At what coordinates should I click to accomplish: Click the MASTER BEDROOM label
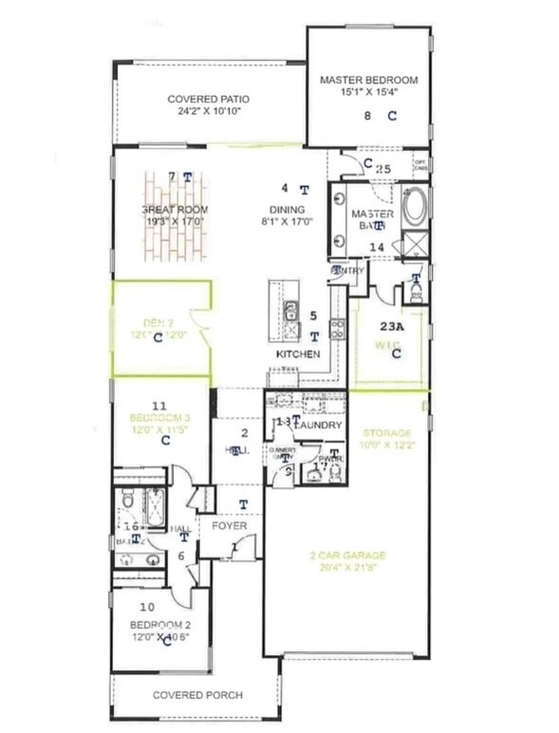[x=368, y=81]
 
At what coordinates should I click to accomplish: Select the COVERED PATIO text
[x=208, y=99]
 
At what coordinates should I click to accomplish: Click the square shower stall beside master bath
[x=415, y=244]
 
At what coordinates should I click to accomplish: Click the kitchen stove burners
[x=336, y=329]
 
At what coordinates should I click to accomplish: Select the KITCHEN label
[x=297, y=354]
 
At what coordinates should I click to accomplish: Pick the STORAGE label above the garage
[x=385, y=433]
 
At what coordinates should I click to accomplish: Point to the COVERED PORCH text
[x=197, y=695]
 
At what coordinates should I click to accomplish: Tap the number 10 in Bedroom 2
[x=147, y=606]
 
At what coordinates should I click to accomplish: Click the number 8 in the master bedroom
[x=368, y=116]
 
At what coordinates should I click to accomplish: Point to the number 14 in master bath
[x=377, y=248]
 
